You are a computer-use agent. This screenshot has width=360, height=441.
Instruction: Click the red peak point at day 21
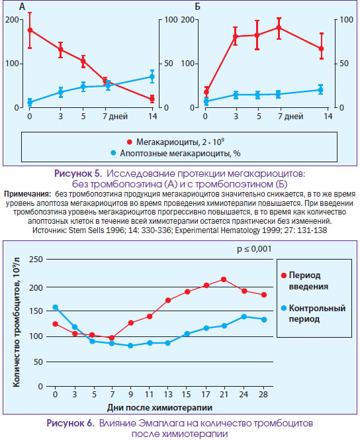click(224, 279)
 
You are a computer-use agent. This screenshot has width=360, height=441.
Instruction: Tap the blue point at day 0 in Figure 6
click(56, 307)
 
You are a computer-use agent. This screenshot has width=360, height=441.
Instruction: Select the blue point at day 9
click(130, 346)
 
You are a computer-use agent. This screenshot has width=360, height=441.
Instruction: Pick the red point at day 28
click(264, 295)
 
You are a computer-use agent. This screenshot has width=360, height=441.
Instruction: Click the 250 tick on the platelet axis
click(36, 259)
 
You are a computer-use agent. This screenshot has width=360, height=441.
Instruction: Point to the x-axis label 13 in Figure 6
click(168, 394)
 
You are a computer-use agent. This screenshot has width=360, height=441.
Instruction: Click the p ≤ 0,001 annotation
click(254, 249)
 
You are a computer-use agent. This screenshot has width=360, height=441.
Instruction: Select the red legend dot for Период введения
click(284, 275)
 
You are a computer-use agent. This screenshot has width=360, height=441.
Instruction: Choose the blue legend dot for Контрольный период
click(284, 309)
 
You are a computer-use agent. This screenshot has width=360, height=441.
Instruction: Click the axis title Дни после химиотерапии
click(159, 407)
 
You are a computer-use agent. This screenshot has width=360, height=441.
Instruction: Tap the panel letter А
click(22, 6)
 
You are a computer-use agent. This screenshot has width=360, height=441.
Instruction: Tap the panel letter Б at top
click(198, 6)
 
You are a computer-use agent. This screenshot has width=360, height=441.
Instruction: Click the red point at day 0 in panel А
click(30, 30)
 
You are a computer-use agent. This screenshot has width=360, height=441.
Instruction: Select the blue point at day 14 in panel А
click(152, 77)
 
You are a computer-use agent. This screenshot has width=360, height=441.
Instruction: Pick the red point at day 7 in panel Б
click(279, 28)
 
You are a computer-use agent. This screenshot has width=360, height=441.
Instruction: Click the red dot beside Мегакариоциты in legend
click(130, 142)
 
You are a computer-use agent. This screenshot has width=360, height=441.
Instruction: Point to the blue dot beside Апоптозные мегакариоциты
click(113, 153)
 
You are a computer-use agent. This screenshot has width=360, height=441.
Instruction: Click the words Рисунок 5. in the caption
click(78, 173)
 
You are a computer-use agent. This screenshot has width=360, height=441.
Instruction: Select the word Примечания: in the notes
click(27, 194)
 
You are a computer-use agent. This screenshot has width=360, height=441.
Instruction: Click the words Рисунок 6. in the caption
click(70, 423)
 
